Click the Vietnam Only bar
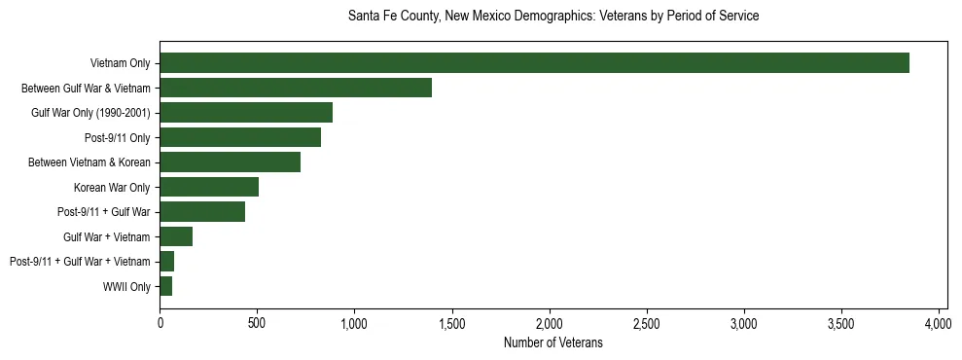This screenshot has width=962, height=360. point(534,63)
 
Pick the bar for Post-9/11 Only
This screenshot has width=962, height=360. point(240,137)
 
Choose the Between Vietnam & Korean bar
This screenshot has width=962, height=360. point(231,162)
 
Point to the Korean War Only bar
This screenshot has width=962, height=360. point(209,187)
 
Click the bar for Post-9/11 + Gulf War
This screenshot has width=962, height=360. point(202,212)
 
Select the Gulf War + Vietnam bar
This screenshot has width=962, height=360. point(176,236)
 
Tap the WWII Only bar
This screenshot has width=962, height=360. point(166,286)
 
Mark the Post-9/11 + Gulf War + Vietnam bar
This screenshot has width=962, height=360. point(167,262)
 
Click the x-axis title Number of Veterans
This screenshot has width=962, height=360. point(553,343)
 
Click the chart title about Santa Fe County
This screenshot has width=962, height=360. point(553,17)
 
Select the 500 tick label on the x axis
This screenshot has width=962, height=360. point(257,324)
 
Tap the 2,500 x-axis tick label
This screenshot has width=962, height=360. point(647,324)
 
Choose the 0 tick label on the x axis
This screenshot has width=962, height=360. point(160,324)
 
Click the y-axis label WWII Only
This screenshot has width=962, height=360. point(126,287)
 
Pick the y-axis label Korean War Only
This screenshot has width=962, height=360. point(112,188)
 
